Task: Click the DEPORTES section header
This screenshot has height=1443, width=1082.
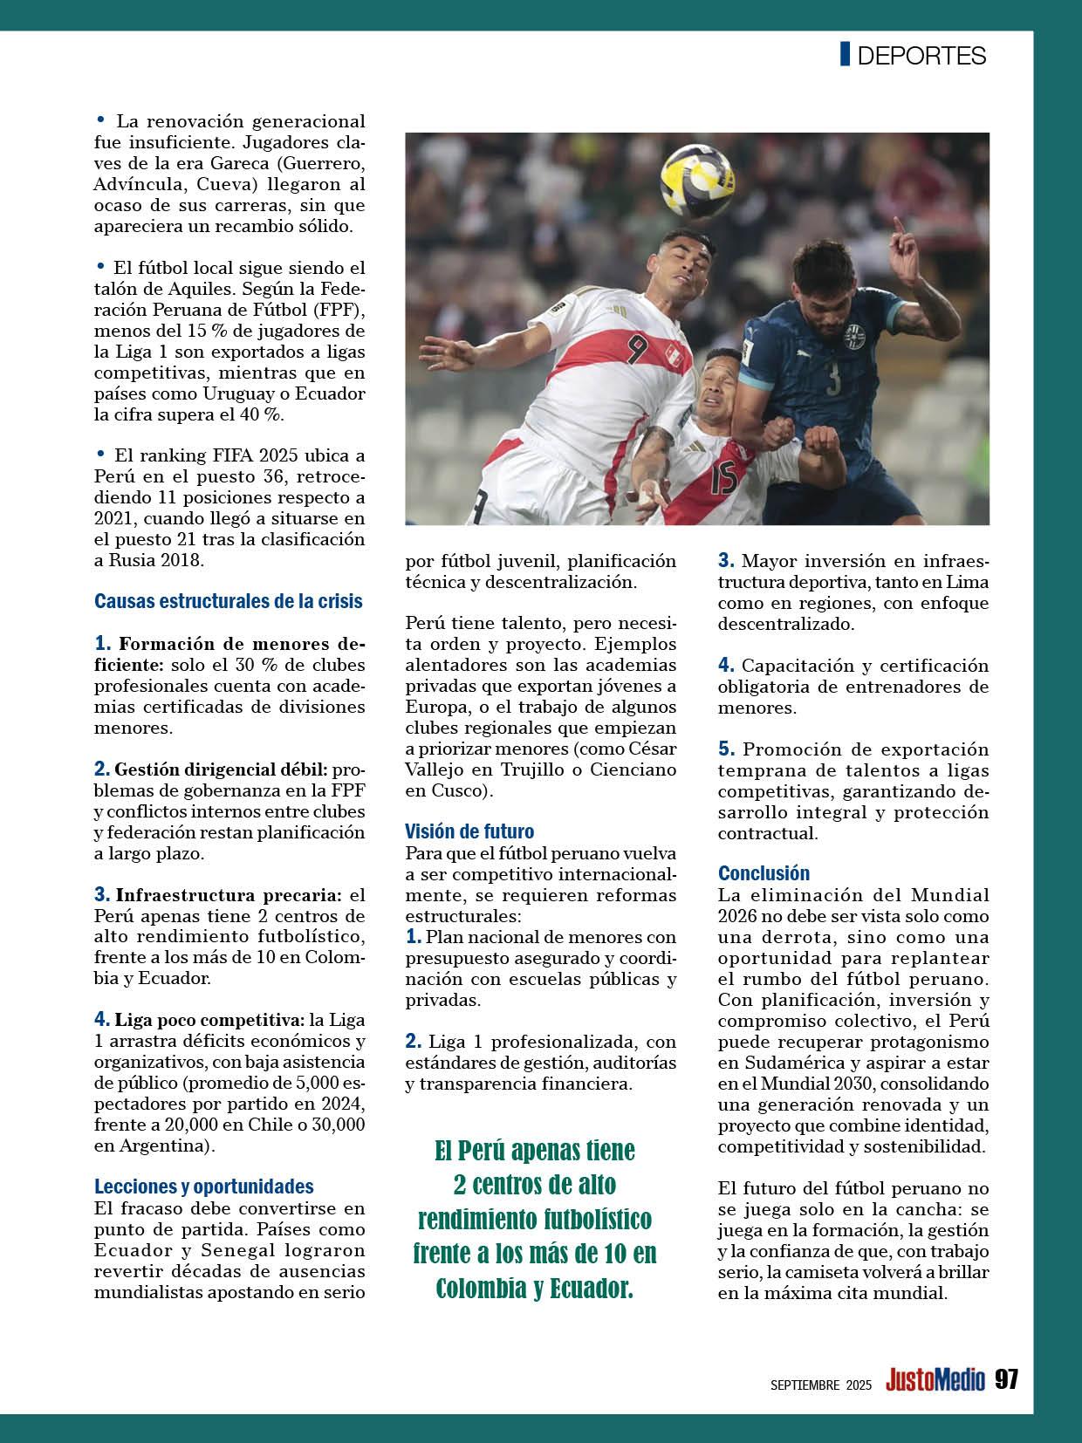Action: click(921, 56)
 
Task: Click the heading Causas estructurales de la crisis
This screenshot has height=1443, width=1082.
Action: click(228, 601)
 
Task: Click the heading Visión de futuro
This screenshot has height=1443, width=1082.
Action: click(469, 831)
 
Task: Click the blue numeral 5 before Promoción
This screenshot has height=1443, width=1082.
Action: click(726, 749)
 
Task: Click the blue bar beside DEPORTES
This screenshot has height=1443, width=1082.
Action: click(845, 54)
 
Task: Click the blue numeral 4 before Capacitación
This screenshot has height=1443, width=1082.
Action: click(726, 665)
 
